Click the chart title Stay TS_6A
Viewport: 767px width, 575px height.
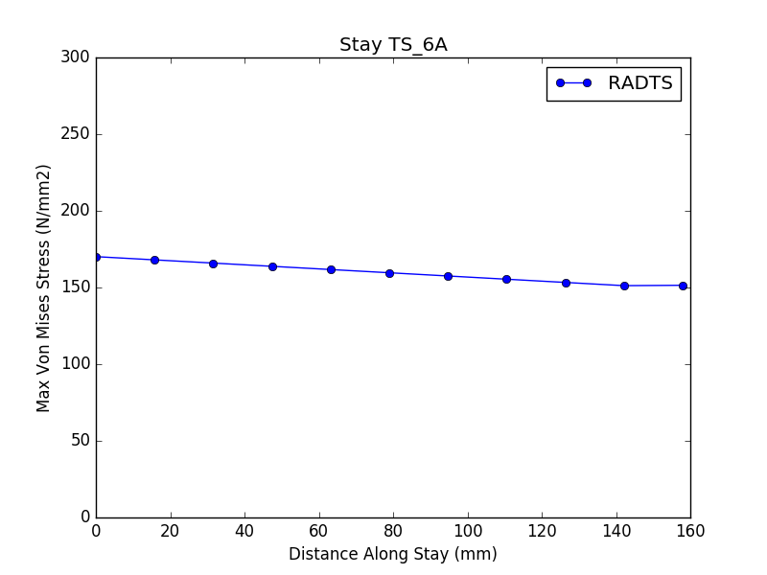click(393, 44)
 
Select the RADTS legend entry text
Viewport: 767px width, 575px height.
click(640, 83)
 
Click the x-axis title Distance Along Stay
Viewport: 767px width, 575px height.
click(393, 554)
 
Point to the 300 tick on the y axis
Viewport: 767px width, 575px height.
click(76, 57)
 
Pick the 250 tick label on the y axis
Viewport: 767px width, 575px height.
click(76, 134)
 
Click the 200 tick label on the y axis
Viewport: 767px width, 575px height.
click(76, 211)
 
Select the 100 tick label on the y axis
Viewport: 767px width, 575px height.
click(76, 364)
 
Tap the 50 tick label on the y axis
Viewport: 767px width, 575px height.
click(81, 441)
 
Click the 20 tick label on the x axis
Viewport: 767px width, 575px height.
click(170, 531)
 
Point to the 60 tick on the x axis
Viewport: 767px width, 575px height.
click(318, 531)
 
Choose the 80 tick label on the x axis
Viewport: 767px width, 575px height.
click(393, 531)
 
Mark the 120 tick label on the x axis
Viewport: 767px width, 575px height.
click(542, 531)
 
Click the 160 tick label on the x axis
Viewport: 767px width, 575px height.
click(690, 531)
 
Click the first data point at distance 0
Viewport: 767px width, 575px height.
click(97, 257)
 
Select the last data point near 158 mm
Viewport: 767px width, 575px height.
click(683, 286)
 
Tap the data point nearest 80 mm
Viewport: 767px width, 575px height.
click(389, 273)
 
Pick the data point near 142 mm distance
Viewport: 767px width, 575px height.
click(624, 286)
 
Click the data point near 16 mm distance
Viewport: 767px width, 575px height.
click(154, 260)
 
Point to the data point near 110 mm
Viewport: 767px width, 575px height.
click(506, 280)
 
